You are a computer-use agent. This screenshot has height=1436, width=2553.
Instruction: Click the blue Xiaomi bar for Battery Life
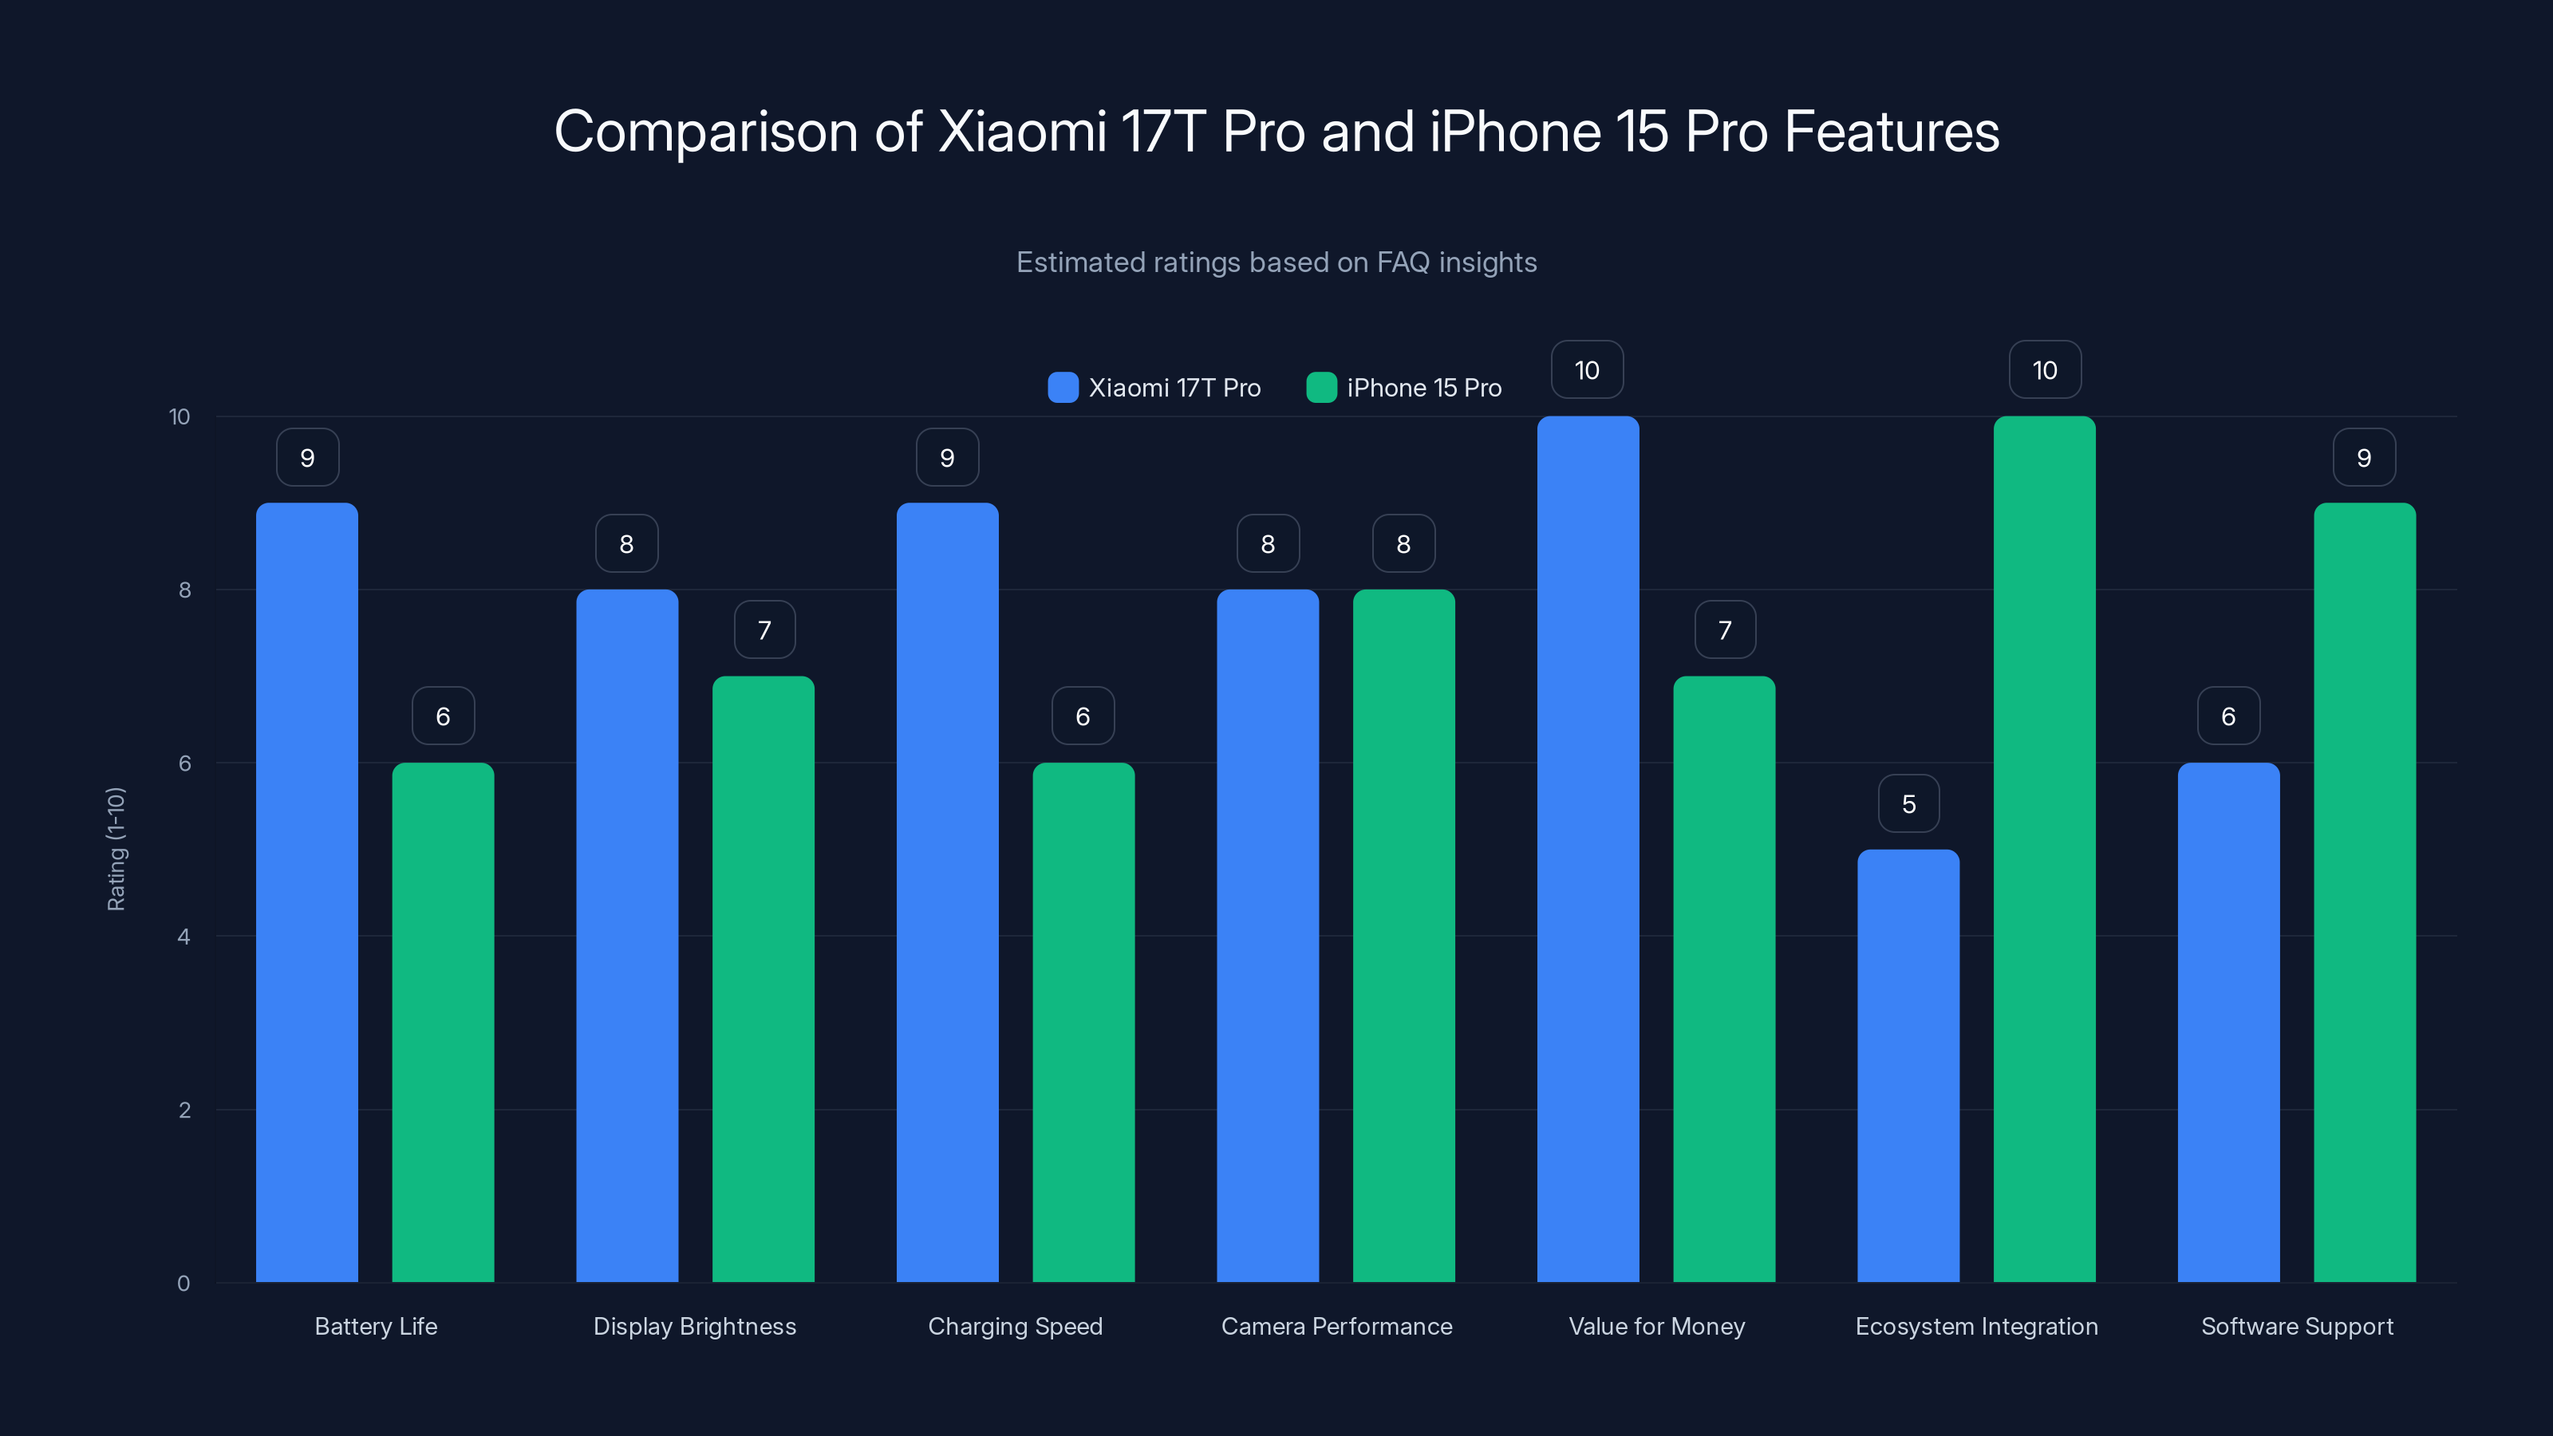tap(306, 892)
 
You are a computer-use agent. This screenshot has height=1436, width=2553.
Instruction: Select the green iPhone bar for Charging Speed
tap(1083, 1021)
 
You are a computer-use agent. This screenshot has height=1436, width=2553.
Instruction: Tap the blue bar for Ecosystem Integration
tap(1908, 1065)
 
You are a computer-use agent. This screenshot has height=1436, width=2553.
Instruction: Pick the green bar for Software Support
tap(2364, 892)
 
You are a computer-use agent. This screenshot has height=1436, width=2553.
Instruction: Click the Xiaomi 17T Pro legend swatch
tap(1063, 388)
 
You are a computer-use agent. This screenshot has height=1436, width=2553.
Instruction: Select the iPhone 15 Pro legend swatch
tap(1321, 388)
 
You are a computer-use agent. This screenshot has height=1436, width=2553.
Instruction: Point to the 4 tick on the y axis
tap(183, 937)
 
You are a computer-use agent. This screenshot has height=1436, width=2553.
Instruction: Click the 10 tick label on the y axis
tap(180, 416)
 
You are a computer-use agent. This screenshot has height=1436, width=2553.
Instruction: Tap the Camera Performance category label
tap(1336, 1326)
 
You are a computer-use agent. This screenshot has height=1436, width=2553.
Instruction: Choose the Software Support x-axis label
tap(2296, 1326)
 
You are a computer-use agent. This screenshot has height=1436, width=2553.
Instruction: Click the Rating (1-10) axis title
tap(116, 848)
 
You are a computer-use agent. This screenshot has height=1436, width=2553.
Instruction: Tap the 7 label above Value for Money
tap(1724, 629)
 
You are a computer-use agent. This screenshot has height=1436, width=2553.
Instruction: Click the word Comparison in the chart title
tap(704, 132)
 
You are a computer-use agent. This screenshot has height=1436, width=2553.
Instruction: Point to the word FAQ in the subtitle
tap(1403, 262)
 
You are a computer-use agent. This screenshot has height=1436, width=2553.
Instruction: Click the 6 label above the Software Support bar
tap(2228, 716)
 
